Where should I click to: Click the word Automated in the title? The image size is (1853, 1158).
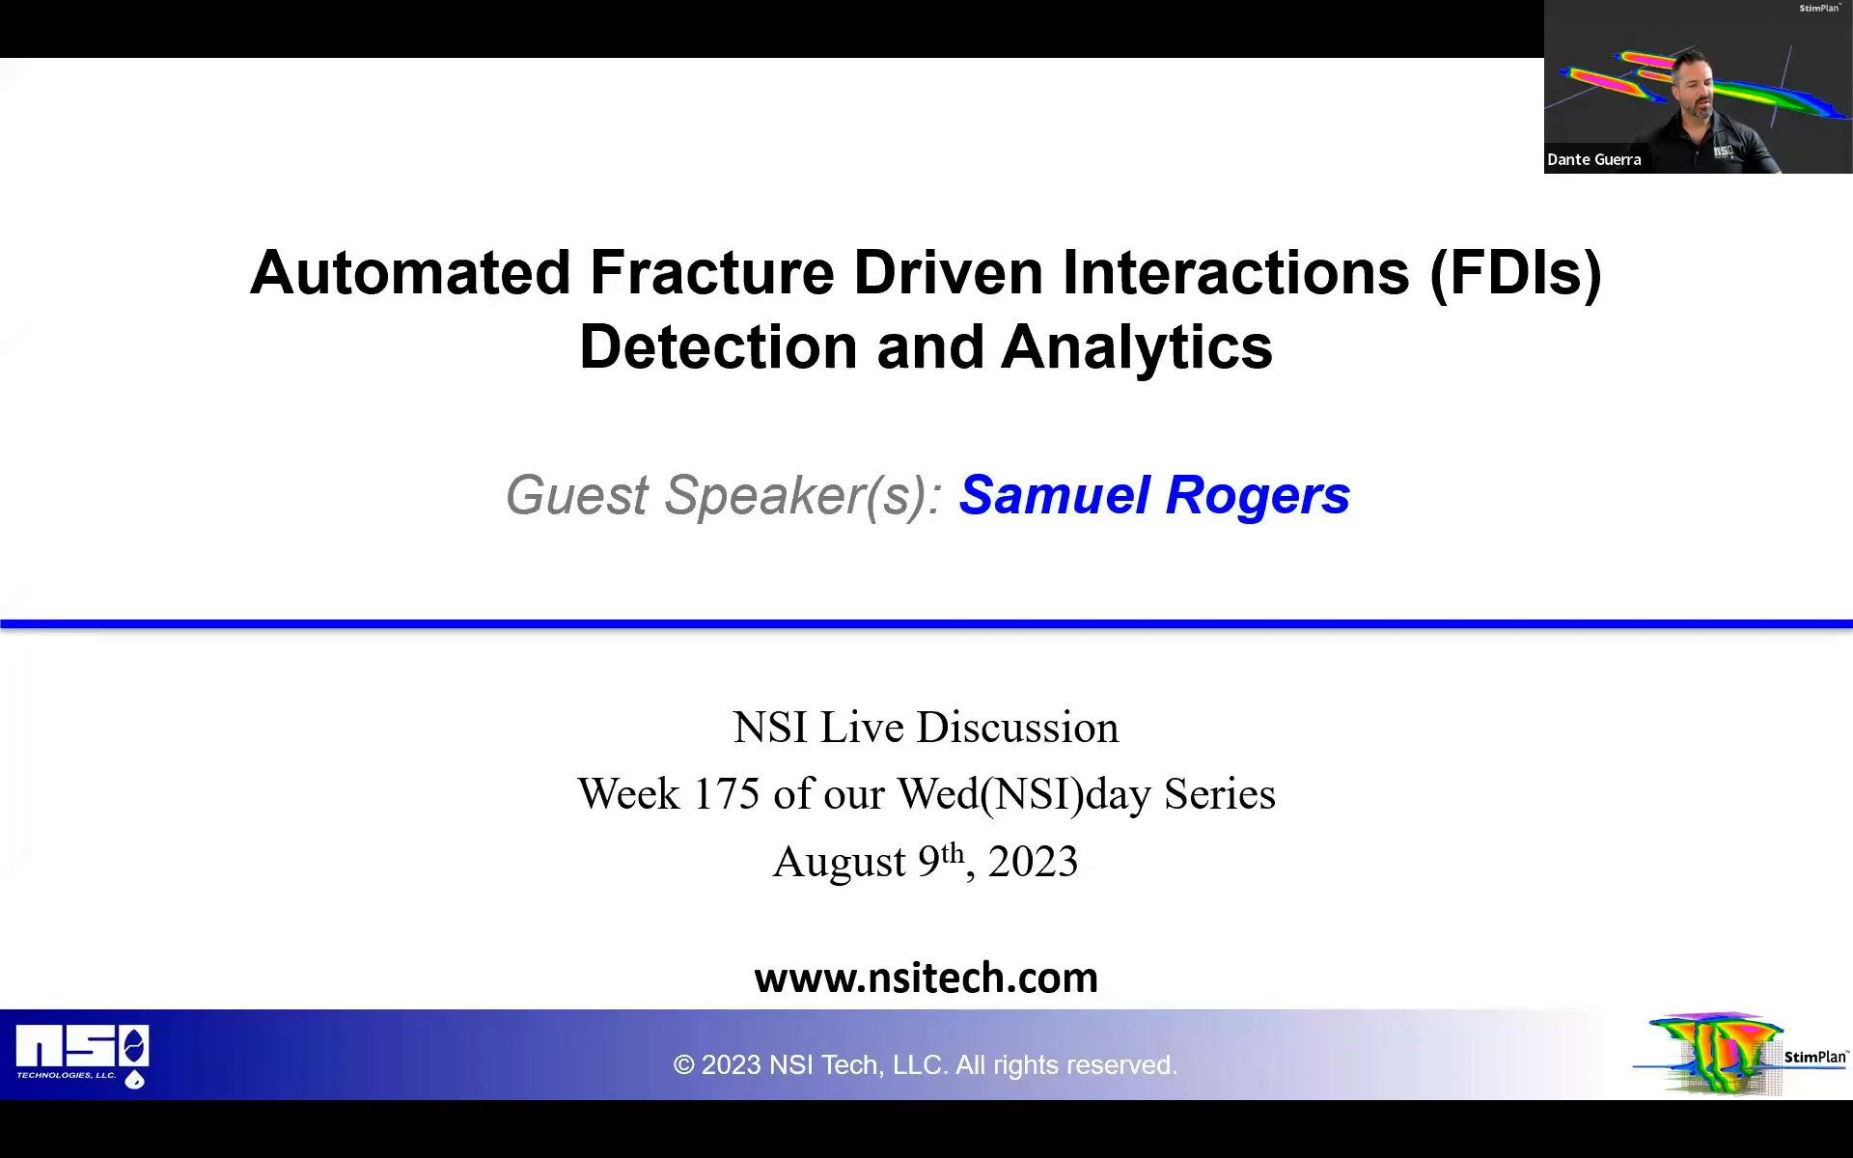410,273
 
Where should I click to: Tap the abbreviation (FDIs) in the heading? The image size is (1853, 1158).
1514,273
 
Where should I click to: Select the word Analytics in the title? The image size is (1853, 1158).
1136,347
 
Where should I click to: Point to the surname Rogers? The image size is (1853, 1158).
1258,496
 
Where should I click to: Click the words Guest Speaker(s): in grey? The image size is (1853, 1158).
724,496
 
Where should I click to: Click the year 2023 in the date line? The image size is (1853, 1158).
1033,862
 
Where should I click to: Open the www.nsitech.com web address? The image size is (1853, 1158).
926,978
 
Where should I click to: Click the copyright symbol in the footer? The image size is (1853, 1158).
683,1065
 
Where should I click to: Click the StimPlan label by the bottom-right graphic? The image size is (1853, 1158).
1814,1057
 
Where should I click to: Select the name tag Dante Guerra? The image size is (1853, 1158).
1593,160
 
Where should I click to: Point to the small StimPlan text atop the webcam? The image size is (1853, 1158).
1818,9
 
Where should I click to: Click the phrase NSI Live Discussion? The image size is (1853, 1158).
926,728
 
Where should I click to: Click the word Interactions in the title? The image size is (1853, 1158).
1235,273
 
